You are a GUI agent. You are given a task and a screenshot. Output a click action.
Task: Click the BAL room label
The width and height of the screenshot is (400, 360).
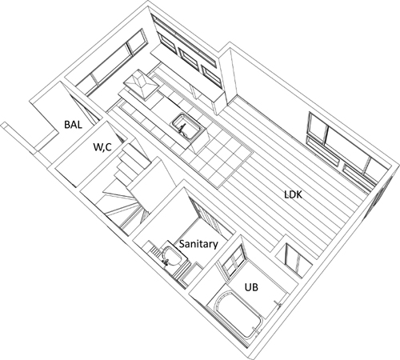point(73,125)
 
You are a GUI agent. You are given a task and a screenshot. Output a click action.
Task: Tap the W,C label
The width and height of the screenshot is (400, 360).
point(102,147)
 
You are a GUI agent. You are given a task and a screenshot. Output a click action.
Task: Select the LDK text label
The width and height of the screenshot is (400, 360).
point(293,194)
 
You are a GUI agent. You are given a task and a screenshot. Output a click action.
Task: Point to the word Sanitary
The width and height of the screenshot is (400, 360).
point(198,244)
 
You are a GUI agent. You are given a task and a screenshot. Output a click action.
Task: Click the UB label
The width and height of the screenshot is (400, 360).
point(251,287)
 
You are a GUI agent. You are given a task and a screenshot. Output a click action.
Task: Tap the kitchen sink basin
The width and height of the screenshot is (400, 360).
point(187,126)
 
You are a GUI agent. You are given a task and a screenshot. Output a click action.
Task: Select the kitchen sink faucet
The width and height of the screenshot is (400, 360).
point(182,127)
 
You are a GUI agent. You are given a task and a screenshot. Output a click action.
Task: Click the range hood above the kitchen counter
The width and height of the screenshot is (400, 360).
point(141,85)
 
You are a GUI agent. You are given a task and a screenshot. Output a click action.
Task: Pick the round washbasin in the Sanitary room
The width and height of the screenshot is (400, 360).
point(172,257)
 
